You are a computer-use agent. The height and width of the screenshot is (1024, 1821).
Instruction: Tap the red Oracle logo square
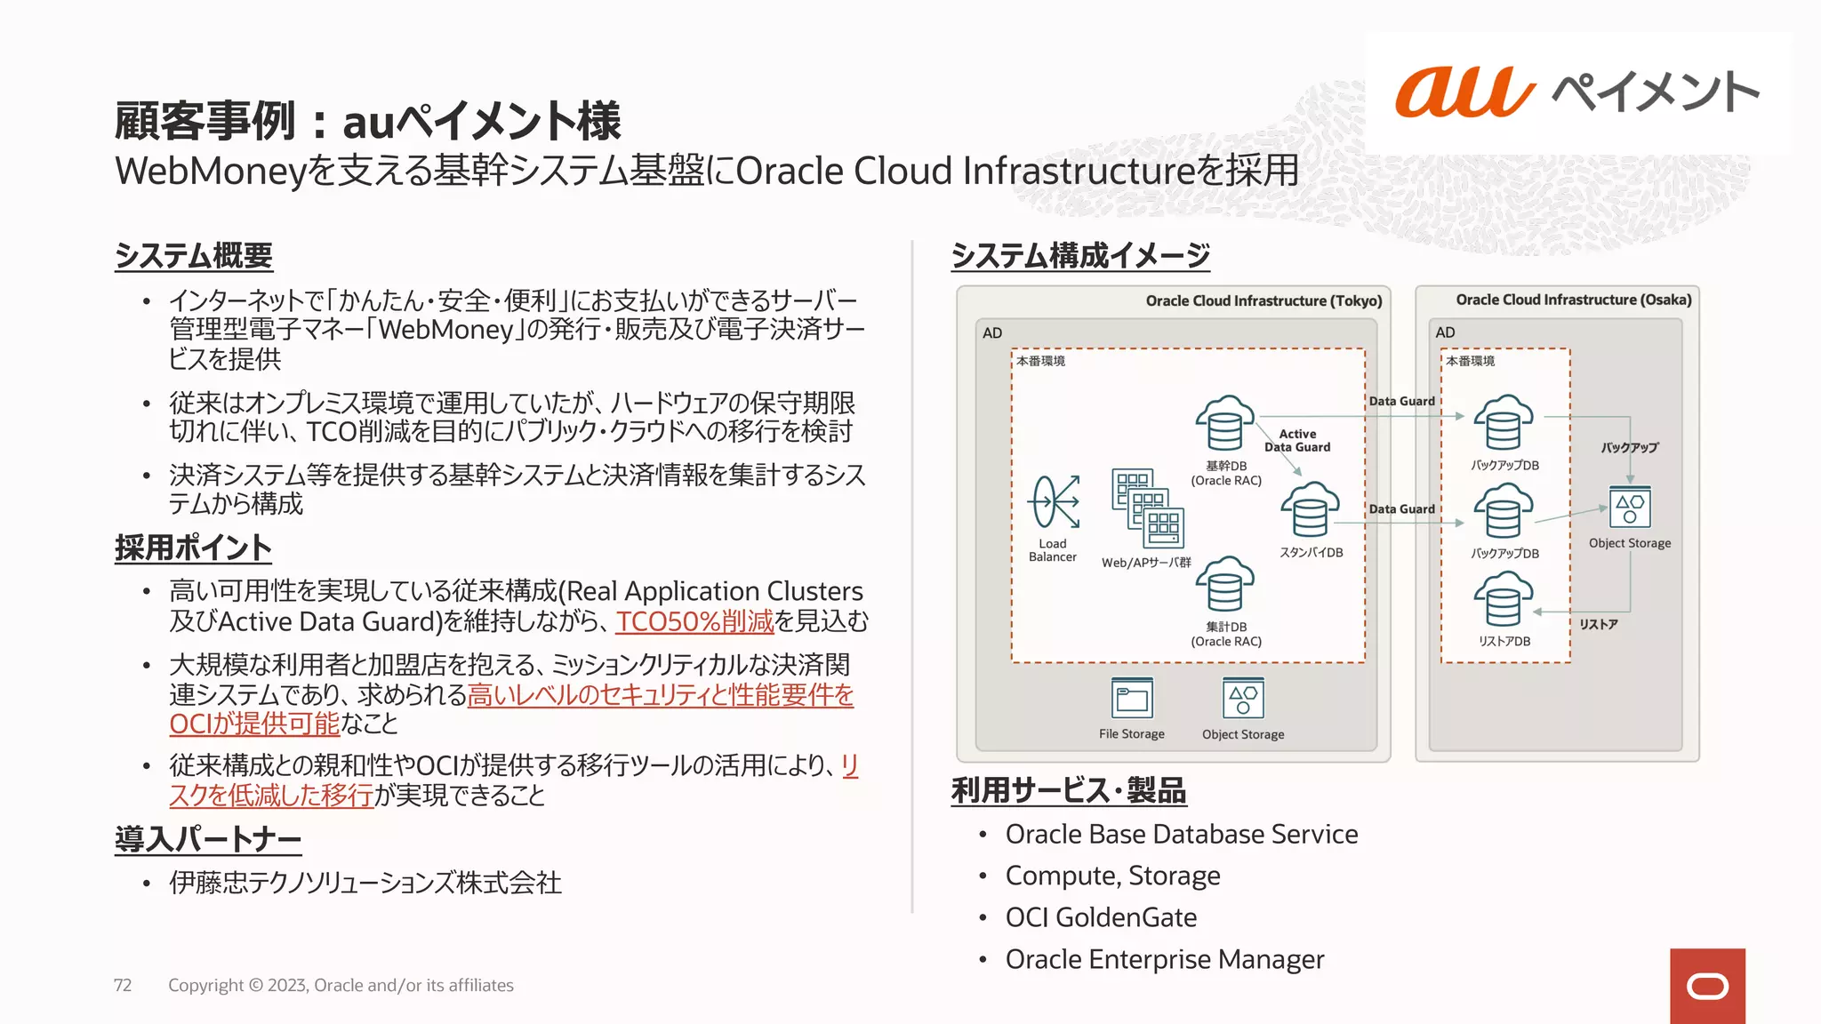click(x=1707, y=986)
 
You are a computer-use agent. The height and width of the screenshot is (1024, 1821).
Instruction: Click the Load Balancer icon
click(x=1054, y=502)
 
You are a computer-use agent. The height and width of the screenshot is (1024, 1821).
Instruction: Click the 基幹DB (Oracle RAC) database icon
click(x=1224, y=424)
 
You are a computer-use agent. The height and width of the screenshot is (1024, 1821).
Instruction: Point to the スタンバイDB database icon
click(x=1310, y=510)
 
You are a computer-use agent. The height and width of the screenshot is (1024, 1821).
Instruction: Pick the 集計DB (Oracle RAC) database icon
click(x=1224, y=585)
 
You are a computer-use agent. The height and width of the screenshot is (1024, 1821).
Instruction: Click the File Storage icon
click(x=1132, y=699)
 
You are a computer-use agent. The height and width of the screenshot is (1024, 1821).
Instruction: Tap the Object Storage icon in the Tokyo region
click(x=1243, y=699)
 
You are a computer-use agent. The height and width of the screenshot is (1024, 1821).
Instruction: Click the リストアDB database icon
click(x=1504, y=600)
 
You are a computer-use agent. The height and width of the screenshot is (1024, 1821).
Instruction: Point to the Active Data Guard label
click(x=1297, y=441)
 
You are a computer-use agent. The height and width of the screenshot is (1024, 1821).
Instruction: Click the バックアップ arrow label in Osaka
click(x=1630, y=448)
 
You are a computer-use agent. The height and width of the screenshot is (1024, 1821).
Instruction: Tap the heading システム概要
click(x=194, y=256)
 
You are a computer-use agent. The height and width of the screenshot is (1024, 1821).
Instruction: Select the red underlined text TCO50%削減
click(x=694, y=621)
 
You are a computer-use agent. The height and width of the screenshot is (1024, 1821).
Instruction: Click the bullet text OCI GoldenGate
click(x=1101, y=917)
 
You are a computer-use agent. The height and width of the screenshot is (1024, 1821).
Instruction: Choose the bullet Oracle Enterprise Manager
click(x=1164, y=959)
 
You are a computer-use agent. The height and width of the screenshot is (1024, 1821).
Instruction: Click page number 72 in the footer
click(x=123, y=985)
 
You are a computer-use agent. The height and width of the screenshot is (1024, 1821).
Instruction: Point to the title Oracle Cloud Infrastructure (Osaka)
click(x=1573, y=300)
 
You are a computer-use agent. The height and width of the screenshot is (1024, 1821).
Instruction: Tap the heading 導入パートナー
click(x=208, y=839)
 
